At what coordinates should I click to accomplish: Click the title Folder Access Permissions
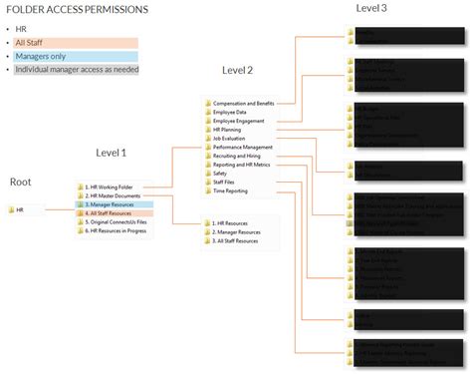(78, 10)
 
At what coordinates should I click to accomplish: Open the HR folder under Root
(20, 210)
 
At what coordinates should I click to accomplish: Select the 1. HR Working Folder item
(111, 187)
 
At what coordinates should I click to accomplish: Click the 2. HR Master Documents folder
(115, 195)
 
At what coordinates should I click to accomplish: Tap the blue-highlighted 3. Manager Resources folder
(112, 204)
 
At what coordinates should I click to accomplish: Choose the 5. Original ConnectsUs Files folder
(118, 221)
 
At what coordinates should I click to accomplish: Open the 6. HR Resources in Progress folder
(120, 230)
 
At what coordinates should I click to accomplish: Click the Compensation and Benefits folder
(244, 102)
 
